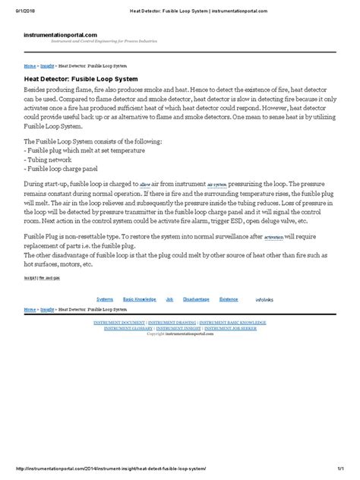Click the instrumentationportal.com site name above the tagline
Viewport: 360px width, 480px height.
(x=61, y=34)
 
